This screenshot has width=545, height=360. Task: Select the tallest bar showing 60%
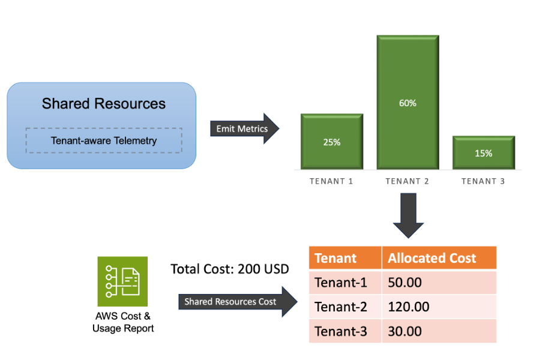[x=408, y=103]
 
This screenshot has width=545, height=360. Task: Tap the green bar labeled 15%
[x=483, y=153]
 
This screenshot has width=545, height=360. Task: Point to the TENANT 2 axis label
[x=408, y=181]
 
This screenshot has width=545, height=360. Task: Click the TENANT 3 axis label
[x=483, y=181]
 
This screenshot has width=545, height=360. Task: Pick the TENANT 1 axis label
[x=331, y=181]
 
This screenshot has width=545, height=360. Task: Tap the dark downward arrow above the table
[x=408, y=215]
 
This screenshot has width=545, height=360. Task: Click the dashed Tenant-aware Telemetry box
[x=104, y=141]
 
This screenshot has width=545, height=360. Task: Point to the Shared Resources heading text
[x=104, y=104]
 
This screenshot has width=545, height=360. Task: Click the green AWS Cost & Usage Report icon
[x=122, y=281]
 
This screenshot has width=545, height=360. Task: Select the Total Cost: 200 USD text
[x=230, y=268]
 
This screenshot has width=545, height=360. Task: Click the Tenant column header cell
[x=345, y=258]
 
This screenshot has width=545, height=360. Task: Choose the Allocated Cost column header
[x=439, y=258]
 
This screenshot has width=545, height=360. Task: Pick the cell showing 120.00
[x=439, y=307]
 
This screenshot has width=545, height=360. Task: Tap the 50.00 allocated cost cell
[x=439, y=282]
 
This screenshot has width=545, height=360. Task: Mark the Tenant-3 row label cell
[x=345, y=331]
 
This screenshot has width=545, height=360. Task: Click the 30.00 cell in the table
[x=439, y=331]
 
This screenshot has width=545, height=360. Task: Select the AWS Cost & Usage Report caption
[x=123, y=322]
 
